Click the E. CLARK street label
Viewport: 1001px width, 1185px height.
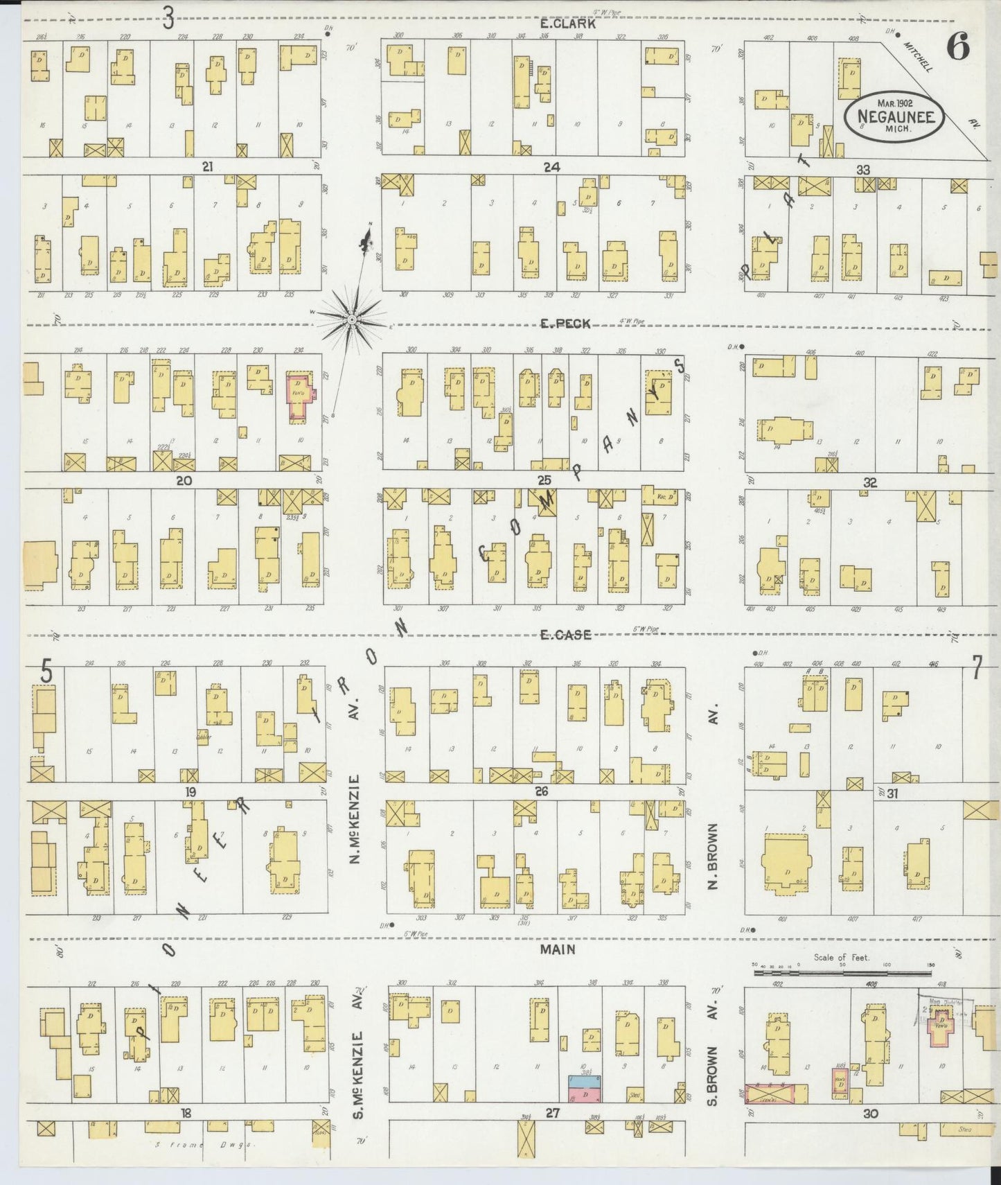558,24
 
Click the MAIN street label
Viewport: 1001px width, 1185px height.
558,949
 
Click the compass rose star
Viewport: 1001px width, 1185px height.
351,318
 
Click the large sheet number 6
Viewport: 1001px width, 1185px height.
959,48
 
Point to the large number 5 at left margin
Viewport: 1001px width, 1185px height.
46,671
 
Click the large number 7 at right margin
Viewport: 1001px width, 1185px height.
976,668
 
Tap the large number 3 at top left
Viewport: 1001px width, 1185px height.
168,19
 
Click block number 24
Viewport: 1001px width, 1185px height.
551,167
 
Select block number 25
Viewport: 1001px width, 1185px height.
544,480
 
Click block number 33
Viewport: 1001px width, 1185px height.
862,170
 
